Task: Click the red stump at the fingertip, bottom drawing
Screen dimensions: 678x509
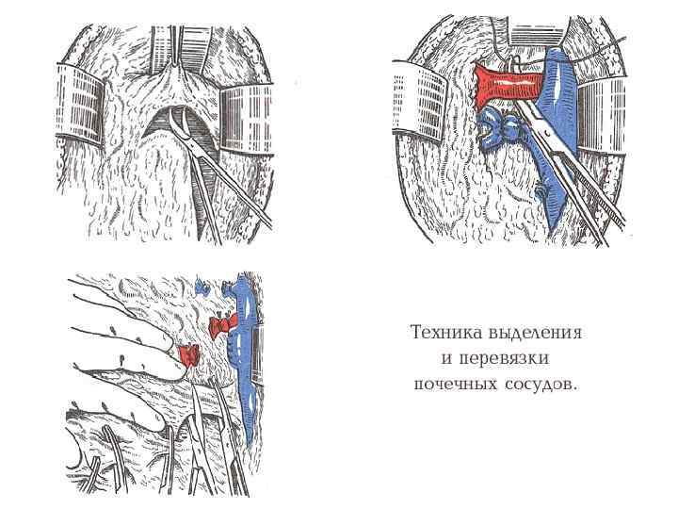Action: coord(188,355)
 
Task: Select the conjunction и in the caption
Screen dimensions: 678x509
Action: coord(448,359)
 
